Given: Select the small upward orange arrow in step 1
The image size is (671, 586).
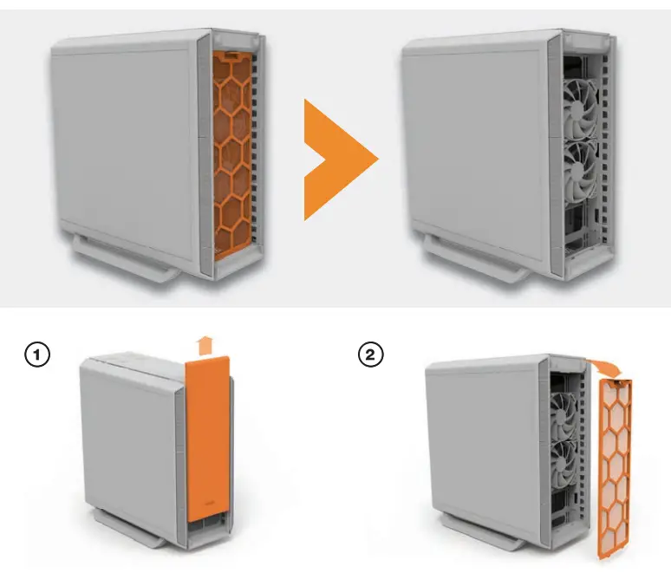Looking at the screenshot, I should pyautogui.click(x=205, y=345).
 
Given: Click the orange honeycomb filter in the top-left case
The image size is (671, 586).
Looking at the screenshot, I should pyautogui.click(x=233, y=156).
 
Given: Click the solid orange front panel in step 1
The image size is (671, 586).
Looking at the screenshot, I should pyautogui.click(x=208, y=442).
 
